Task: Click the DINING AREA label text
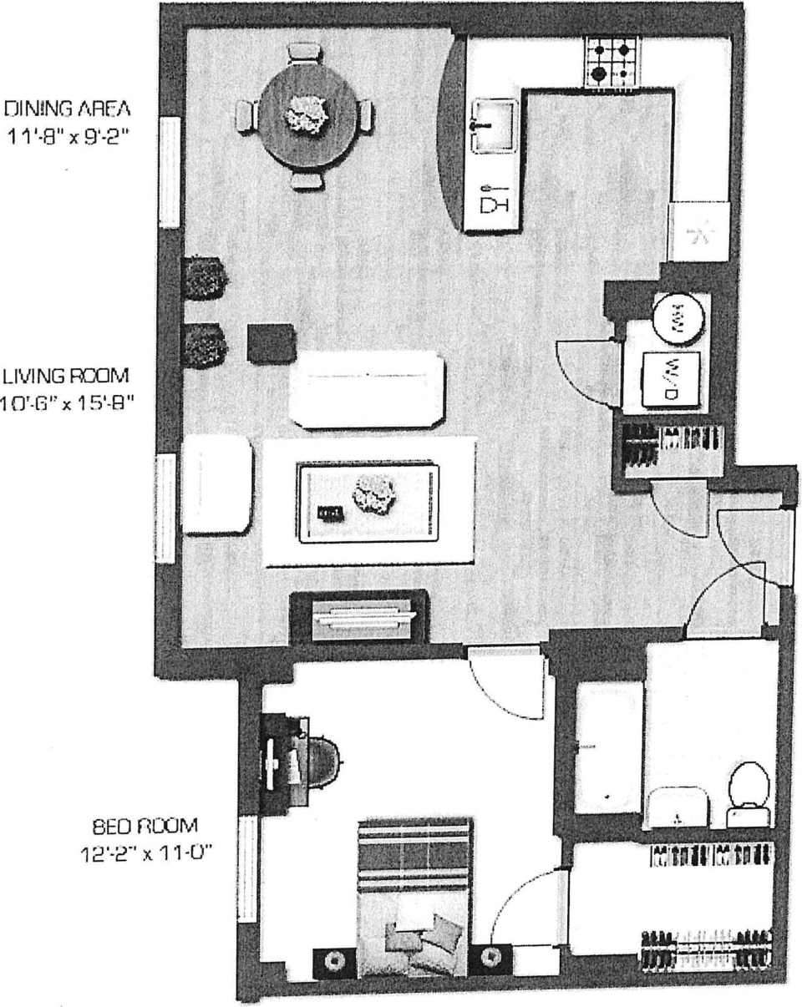(x=68, y=109)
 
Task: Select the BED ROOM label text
(x=145, y=827)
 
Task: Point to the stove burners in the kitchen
(x=612, y=60)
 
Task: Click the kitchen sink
(x=494, y=125)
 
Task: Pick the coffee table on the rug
(x=368, y=501)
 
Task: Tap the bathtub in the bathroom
(x=608, y=748)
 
